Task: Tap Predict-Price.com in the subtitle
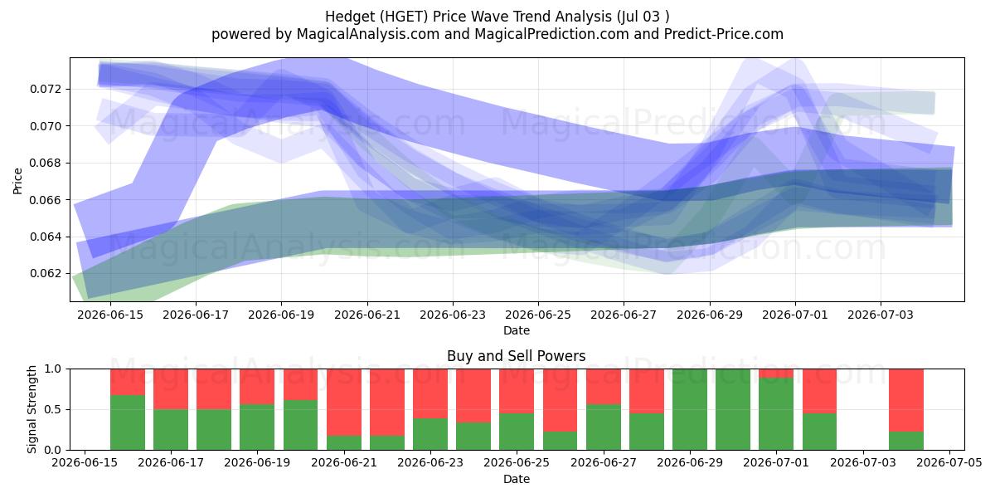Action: [724, 34]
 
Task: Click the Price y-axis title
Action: [17, 181]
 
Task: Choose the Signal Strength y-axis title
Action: [32, 409]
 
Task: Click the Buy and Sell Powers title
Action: [516, 356]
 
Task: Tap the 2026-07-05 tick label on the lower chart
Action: [949, 462]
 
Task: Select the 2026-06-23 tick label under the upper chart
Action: [453, 315]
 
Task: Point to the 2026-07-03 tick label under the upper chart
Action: [881, 315]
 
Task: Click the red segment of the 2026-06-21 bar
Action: [344, 402]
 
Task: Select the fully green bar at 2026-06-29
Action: [689, 409]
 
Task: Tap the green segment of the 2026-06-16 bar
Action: [128, 422]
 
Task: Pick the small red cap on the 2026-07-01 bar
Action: [775, 373]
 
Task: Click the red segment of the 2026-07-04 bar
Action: [906, 400]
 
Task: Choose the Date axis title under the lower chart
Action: [516, 479]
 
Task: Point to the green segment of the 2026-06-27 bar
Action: [604, 427]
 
